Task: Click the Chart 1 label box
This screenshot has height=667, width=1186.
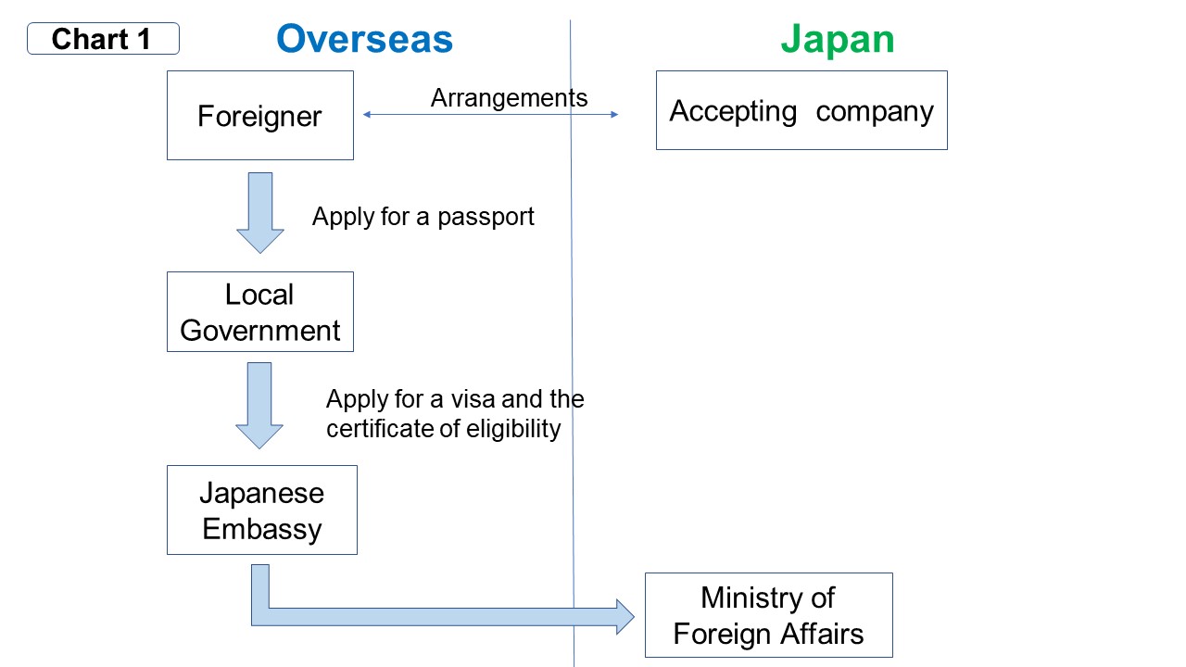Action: [103, 39]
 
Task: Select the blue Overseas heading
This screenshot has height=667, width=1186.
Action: [364, 39]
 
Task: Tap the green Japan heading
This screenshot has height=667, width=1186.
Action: [837, 39]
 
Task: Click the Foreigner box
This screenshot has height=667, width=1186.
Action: [259, 116]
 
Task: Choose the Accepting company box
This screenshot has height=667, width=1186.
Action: [801, 110]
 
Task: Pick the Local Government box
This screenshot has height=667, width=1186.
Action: [259, 312]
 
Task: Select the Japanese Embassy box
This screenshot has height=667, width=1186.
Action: [261, 510]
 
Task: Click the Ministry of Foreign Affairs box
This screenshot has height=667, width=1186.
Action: [768, 615]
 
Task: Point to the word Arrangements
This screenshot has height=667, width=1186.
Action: [509, 97]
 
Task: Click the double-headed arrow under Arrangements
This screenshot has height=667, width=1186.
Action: [490, 115]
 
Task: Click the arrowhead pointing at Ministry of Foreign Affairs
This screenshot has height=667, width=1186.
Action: [624, 616]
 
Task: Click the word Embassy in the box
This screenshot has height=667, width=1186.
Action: [261, 529]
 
